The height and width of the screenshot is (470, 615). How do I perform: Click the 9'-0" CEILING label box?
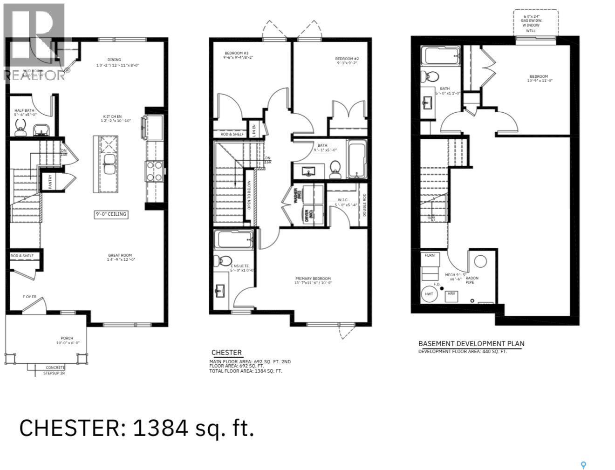[111, 214]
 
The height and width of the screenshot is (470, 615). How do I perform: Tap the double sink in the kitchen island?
[110, 164]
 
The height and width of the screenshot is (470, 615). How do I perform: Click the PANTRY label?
[50, 181]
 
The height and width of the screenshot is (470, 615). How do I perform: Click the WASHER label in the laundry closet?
[295, 195]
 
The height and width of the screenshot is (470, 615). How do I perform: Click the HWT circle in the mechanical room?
[429, 294]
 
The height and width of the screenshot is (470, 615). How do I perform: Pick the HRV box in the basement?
[451, 294]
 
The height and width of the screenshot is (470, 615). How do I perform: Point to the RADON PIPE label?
[471, 280]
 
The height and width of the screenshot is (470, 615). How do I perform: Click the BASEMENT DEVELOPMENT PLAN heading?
[471, 344]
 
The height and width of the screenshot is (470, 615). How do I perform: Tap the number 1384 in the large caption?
[161, 428]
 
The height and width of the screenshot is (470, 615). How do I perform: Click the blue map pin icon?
[583, 465]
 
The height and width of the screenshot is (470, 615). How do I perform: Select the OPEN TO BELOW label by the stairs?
[249, 194]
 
